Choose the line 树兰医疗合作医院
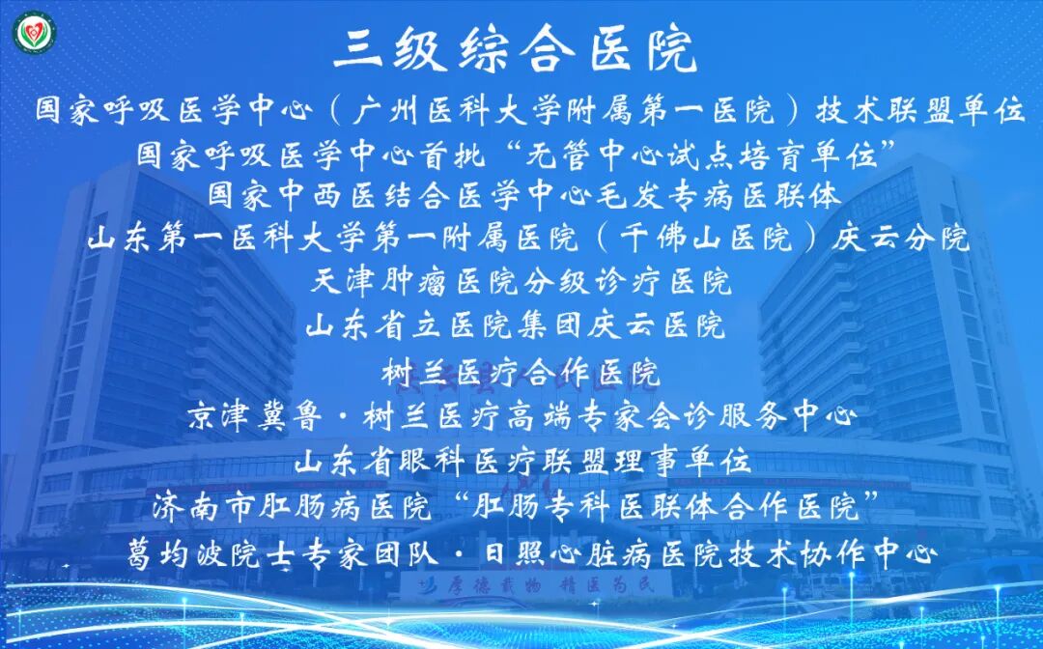coord(521,371)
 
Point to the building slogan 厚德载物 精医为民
coord(537,583)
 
